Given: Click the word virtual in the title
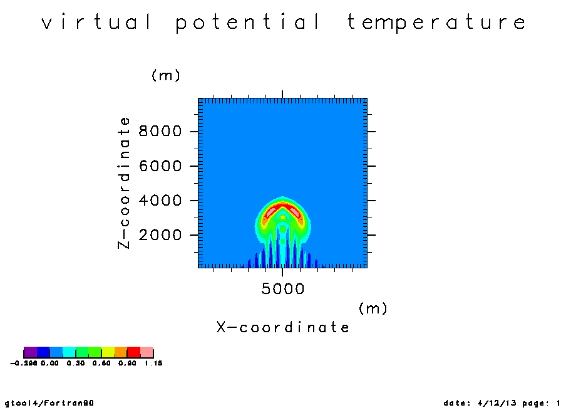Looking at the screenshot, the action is (x=96, y=22).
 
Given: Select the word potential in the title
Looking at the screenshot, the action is (x=248, y=23).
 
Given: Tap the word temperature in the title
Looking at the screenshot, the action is (x=436, y=23).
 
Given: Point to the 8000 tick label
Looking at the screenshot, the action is (x=160, y=131).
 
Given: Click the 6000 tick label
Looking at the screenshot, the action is (x=160, y=166).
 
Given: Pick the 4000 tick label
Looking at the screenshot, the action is (x=160, y=201).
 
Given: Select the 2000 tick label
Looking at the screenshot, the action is (x=160, y=235).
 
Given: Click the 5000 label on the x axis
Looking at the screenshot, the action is (x=283, y=289).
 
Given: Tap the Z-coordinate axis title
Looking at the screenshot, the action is (x=124, y=183).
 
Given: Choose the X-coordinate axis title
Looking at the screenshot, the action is (x=283, y=327).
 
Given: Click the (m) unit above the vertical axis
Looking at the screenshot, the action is (x=166, y=76).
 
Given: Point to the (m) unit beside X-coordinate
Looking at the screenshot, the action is (x=373, y=308).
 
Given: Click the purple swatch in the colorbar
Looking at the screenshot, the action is (x=30, y=352).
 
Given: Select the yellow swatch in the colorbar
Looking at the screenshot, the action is (x=108, y=352).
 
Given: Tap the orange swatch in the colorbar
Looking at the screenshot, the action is (x=121, y=352).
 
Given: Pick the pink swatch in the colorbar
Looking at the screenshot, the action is (x=147, y=352).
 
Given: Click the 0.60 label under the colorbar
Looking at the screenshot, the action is (x=101, y=363).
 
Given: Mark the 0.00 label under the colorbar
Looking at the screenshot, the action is (x=49, y=363).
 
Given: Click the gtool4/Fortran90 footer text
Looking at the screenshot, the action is (x=49, y=402).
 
